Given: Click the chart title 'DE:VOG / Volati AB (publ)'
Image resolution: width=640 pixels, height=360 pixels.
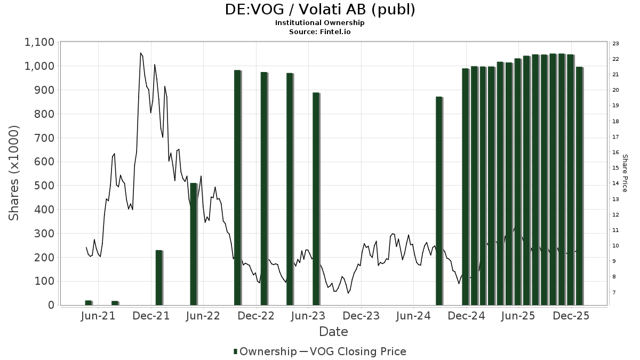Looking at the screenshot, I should [x=320, y=10].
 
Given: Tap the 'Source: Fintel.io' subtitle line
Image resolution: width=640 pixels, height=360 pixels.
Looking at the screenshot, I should [x=320, y=31].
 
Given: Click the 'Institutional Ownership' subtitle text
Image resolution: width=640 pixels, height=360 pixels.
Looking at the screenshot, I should [x=320, y=23].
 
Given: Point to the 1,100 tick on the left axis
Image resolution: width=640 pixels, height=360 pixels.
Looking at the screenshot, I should [x=39, y=42].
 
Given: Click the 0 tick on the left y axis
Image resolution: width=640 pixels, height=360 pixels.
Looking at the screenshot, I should [x=51, y=305].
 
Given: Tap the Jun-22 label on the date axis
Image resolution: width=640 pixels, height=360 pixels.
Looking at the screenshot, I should [x=203, y=316].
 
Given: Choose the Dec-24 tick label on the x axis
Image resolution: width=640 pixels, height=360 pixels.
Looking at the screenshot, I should [x=466, y=316].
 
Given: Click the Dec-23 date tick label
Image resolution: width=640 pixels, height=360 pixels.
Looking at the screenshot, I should [x=361, y=316].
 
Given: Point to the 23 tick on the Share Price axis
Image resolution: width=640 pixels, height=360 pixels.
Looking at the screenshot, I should [x=615, y=44].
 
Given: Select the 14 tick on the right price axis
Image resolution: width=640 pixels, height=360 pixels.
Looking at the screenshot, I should [x=615, y=183].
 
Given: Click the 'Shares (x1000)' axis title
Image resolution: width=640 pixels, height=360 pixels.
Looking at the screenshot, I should [x=14, y=173].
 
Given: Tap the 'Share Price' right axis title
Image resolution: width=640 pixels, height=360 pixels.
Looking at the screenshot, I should [x=625, y=173].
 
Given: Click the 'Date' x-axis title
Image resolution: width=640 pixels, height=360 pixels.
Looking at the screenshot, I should [x=333, y=332].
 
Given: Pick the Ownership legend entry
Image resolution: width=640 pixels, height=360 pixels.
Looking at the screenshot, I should [x=265, y=351].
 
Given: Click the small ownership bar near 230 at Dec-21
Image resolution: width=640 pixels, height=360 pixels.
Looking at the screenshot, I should [x=159, y=277].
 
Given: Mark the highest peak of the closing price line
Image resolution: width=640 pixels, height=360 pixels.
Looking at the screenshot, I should [x=141, y=53].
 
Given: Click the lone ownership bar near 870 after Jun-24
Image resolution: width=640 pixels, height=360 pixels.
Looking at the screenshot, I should [x=439, y=201].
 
